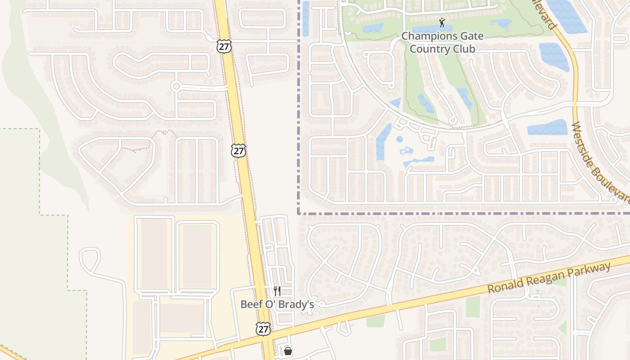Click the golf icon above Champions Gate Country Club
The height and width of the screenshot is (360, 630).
tap(442, 22)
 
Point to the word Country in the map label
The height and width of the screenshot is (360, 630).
tap(430, 49)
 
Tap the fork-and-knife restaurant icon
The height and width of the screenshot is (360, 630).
tap(277, 291)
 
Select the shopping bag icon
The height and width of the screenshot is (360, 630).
tap(288, 351)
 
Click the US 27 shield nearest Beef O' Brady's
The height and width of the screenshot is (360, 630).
tap(263, 329)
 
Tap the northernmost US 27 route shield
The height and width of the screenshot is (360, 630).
tap(223, 46)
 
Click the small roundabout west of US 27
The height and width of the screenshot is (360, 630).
tap(176, 86)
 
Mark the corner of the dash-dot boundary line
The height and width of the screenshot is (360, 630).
tap(298, 214)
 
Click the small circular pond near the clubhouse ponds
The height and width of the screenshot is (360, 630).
tap(400, 139)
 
